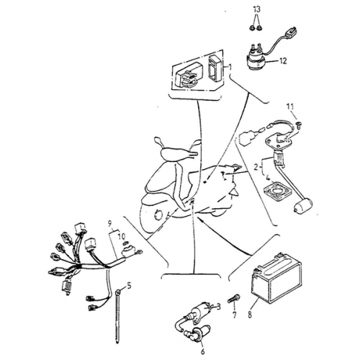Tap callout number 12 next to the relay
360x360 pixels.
[x=283, y=62]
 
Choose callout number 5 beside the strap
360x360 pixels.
[x=130, y=286]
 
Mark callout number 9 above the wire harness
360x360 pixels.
[x=110, y=224]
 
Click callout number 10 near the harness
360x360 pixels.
[x=121, y=235]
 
